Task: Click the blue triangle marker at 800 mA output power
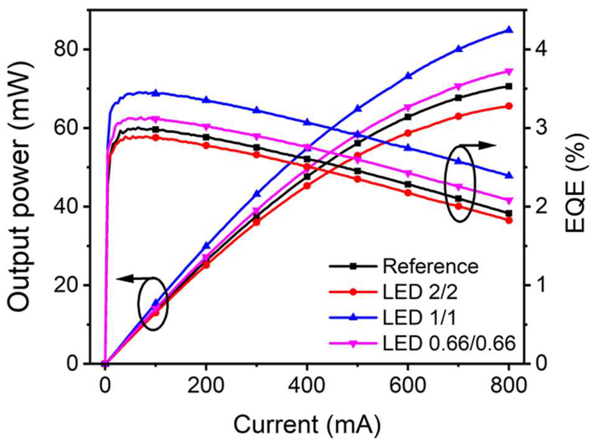point(509,30)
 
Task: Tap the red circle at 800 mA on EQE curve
point(509,221)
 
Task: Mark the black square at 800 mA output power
point(509,86)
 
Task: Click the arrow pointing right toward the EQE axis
point(478,145)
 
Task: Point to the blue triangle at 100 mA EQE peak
point(156,93)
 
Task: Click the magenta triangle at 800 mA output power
point(509,71)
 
